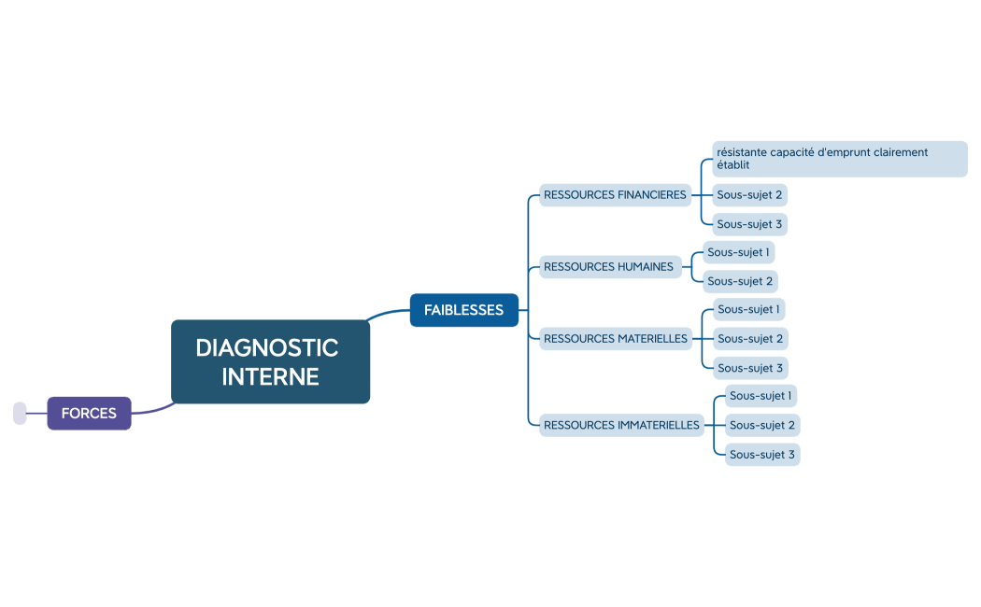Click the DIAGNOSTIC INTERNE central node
point(270,361)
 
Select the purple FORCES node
point(89,413)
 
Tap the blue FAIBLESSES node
point(463,310)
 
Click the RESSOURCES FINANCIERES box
point(615,195)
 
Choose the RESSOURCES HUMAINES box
point(608,267)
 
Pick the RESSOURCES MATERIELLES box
point(615,339)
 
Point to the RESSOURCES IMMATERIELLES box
point(621,425)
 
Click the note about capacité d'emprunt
point(839,159)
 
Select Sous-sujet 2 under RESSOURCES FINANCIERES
point(749,195)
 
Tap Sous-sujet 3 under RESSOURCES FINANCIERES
point(749,224)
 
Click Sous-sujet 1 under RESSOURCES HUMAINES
point(738,252)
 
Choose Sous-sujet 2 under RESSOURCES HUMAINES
point(740,281)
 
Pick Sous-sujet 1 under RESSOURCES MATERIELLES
point(748,309)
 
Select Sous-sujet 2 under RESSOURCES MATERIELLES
point(749,338)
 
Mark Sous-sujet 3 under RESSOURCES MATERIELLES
point(749,368)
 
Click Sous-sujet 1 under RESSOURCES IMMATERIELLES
point(761,396)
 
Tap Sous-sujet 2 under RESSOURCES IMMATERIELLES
point(762,425)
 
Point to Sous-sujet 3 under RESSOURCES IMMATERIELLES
point(762,455)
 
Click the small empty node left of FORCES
point(20,413)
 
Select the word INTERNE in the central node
point(270,376)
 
